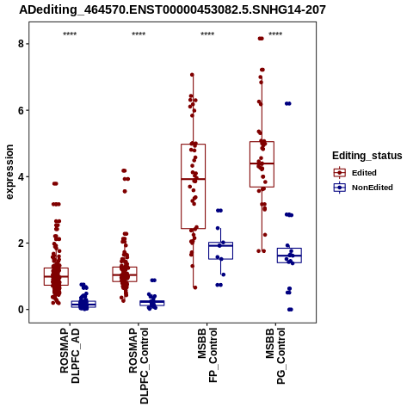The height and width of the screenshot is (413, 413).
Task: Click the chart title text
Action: pyautogui.click(x=172, y=9)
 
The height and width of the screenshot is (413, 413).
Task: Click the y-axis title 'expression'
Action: pyautogui.click(x=9, y=172)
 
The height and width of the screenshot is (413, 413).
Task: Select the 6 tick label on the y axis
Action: pyautogui.click(x=21, y=110)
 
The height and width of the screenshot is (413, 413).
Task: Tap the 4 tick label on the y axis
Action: pyautogui.click(x=21, y=176)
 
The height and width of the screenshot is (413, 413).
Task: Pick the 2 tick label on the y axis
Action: pyautogui.click(x=21, y=243)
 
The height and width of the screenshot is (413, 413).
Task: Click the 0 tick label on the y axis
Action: pyautogui.click(x=21, y=310)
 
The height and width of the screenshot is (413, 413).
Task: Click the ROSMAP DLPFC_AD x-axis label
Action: pyautogui.click(x=70, y=355)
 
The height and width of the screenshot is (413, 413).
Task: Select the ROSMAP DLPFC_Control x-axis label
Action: pyautogui.click(x=139, y=366)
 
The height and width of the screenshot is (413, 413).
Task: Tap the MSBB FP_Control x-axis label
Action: pyautogui.click(x=207, y=355)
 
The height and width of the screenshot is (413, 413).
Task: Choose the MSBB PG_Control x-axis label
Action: pyautogui.click(x=275, y=356)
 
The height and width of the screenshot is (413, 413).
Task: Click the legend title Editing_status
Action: pyautogui.click(x=367, y=156)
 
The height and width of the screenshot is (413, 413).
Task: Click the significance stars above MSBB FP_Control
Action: pyautogui.click(x=207, y=34)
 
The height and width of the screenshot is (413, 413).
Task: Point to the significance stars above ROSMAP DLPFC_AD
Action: pyautogui.click(x=70, y=34)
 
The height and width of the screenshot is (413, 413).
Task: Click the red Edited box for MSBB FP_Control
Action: pyautogui.click(x=182, y=187)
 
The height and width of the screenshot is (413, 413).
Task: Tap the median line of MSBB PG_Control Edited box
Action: pyautogui.click(x=262, y=163)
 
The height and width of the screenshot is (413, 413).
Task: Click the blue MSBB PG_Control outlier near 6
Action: pyautogui.click(x=288, y=103)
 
